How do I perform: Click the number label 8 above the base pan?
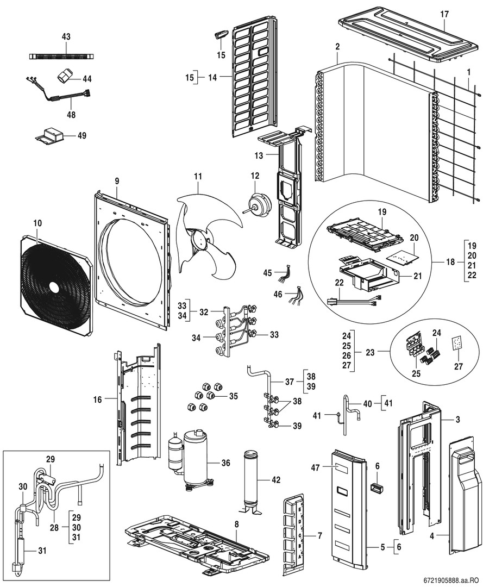pyautogui.click(x=236, y=524)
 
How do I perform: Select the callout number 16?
pyautogui.click(x=97, y=400)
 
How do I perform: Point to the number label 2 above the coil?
pyautogui.click(x=337, y=47)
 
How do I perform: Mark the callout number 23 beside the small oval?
pyautogui.click(x=370, y=352)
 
